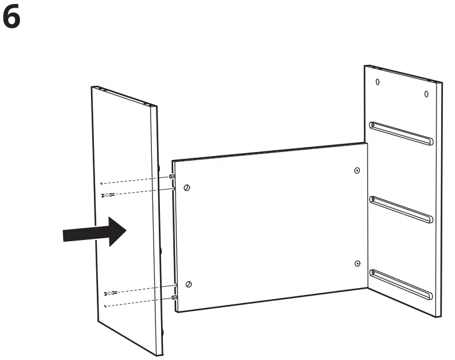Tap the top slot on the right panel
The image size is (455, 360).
click(401, 133)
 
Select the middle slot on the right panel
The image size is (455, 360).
click(401, 209)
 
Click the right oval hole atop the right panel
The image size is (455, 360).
click(426, 93)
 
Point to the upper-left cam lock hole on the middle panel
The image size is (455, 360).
click(187, 188)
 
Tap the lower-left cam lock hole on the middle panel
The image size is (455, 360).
click(188, 284)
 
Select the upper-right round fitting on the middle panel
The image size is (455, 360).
click(356, 170)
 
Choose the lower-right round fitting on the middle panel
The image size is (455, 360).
click(357, 263)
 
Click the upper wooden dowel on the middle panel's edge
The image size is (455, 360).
click(172, 176)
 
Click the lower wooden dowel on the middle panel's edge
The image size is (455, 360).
click(173, 297)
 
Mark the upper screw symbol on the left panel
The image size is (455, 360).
click(108, 194)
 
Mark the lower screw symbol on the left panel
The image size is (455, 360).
click(110, 293)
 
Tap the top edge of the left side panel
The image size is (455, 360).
click(125, 97)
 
